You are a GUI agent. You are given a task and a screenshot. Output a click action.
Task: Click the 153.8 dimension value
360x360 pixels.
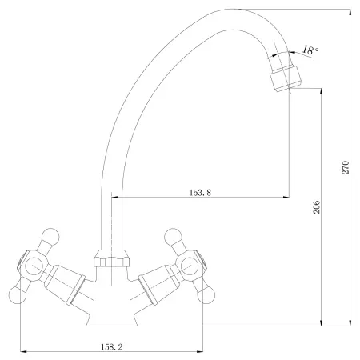click(x=200, y=192)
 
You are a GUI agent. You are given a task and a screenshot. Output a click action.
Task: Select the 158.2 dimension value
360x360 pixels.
click(x=112, y=346)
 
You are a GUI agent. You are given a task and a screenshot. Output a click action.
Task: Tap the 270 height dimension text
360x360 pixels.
click(x=346, y=167)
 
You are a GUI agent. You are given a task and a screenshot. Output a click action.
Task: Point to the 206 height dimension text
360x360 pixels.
click(x=316, y=207)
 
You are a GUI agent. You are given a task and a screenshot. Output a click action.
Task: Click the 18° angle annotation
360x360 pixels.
click(x=310, y=50)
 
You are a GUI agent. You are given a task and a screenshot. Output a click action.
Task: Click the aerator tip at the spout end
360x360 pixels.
click(x=286, y=78)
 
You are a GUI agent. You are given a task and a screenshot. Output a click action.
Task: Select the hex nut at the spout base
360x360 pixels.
click(x=112, y=258)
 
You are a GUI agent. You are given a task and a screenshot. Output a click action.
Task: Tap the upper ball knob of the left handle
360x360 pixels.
click(x=50, y=237)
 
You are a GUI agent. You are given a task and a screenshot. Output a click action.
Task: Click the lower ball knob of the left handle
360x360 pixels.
click(x=18, y=294)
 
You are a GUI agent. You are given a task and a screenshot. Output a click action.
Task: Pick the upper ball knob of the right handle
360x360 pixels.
click(x=174, y=237)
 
